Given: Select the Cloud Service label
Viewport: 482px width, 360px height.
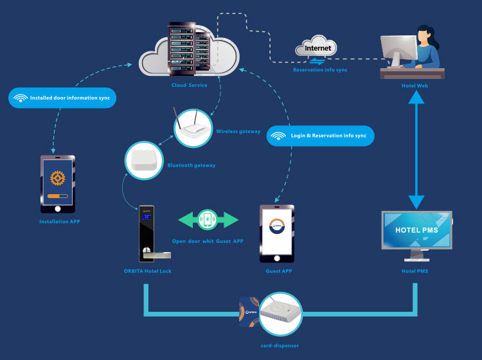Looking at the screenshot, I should point(189,85).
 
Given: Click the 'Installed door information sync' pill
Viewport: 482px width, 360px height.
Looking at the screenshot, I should point(62,98).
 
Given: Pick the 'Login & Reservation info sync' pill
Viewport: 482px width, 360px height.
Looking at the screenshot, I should point(320,136).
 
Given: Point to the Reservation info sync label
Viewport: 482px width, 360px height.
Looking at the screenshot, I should point(320,69).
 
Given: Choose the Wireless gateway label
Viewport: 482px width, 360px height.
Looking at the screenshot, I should point(238,131).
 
